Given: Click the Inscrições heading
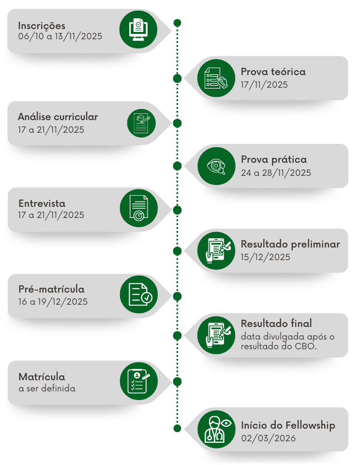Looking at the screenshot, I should tap(42, 26).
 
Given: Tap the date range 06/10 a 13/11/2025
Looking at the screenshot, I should tap(60, 37).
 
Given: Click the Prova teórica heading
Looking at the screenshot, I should tap(273, 72).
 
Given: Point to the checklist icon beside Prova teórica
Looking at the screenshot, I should tap(216, 78).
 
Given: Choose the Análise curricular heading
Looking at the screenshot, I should tap(58, 117).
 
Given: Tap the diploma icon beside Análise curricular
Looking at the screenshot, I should tap(141, 123).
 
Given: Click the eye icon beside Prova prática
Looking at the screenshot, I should tap(216, 166).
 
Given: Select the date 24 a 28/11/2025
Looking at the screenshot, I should tap(276, 173).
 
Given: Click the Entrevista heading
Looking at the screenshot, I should tap(42, 203).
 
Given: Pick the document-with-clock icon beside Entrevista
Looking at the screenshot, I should tap(138, 208).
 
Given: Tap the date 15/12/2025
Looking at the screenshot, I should tap(265, 257).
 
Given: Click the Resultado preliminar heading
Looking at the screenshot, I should tap(290, 245).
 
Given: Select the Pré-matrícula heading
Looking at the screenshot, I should tap(51, 289).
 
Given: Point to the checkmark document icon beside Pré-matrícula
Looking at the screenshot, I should tap(139, 294).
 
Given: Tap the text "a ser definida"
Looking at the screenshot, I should tap(47, 388).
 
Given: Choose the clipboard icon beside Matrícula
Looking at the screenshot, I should tap(139, 381).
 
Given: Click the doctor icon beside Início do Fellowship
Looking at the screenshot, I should tap(216, 428).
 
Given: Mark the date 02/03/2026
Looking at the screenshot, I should tap(268, 438).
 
